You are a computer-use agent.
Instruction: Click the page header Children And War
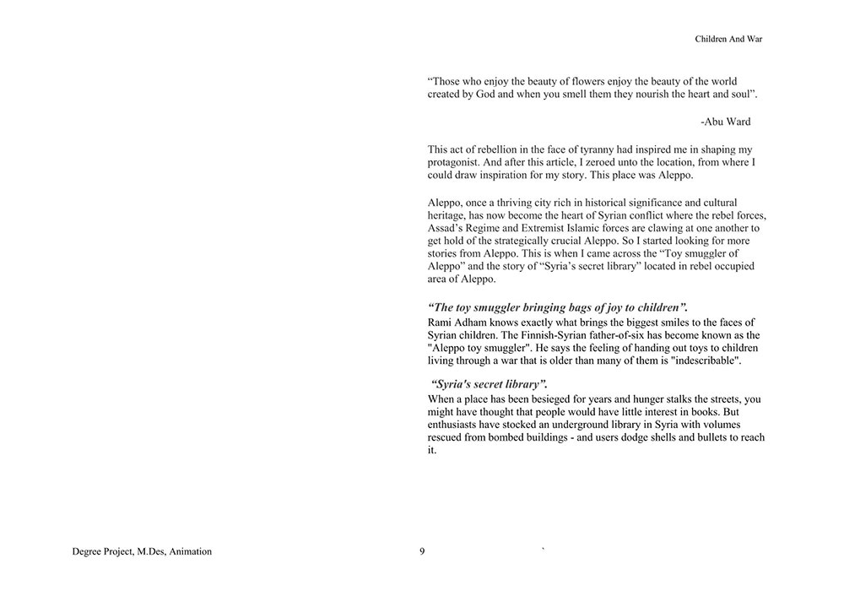[728, 39]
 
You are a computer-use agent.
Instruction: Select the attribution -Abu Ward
[725, 122]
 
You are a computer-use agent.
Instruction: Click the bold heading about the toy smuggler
[557, 307]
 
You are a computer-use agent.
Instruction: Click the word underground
[601, 425]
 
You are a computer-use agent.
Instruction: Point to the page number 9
[422, 552]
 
